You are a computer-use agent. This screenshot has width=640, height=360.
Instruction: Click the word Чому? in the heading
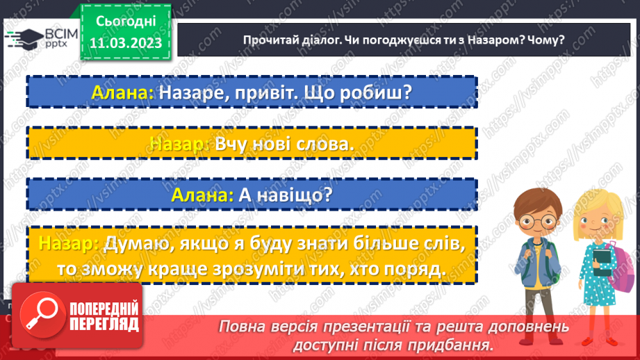pyautogui.click(x=548, y=40)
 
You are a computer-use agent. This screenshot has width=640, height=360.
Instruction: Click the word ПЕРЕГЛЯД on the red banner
pyautogui.click(x=105, y=325)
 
